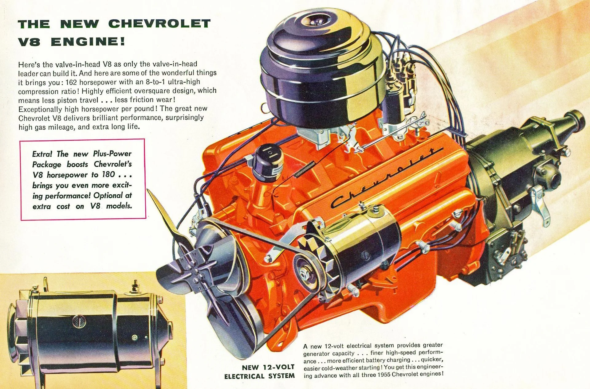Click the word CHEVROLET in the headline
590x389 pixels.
point(159,24)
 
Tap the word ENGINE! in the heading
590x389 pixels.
point(88,41)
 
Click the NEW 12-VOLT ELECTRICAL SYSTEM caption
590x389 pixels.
point(260,371)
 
